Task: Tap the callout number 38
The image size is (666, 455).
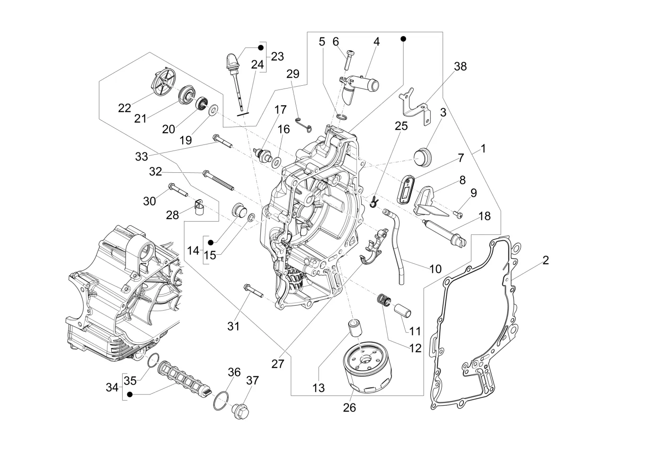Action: pyautogui.click(x=460, y=67)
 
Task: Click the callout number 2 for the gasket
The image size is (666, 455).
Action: pyautogui.click(x=546, y=260)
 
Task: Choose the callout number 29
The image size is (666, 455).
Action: pyautogui.click(x=293, y=74)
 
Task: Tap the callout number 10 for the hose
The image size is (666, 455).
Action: pyautogui.click(x=435, y=269)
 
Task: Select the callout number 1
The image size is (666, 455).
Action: pyautogui.click(x=483, y=149)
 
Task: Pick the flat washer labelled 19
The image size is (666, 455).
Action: pyautogui.click(x=213, y=111)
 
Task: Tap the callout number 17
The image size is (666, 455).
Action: pyautogui.click(x=280, y=110)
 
